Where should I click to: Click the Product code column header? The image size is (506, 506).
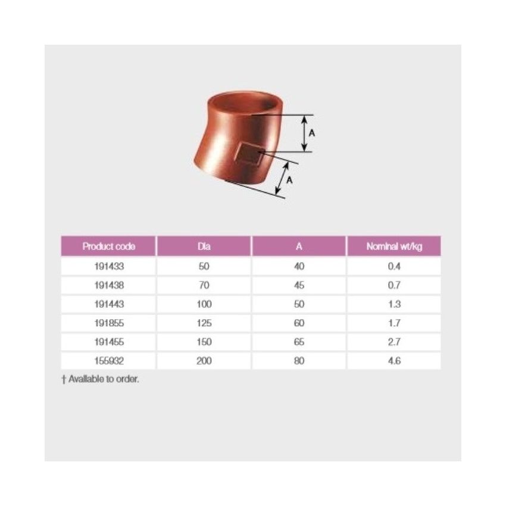click(109, 246)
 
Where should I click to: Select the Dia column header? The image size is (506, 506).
click(204, 246)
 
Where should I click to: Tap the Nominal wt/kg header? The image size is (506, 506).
click(394, 246)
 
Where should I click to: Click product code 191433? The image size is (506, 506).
click(109, 266)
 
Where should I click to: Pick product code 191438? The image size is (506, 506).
click(109, 285)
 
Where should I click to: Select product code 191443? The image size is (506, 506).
click(109, 304)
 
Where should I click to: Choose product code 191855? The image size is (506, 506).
click(109, 323)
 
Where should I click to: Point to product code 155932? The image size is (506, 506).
click(109, 361)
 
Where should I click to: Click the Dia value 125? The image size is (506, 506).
click(204, 323)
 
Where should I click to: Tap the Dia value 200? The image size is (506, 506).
click(204, 361)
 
